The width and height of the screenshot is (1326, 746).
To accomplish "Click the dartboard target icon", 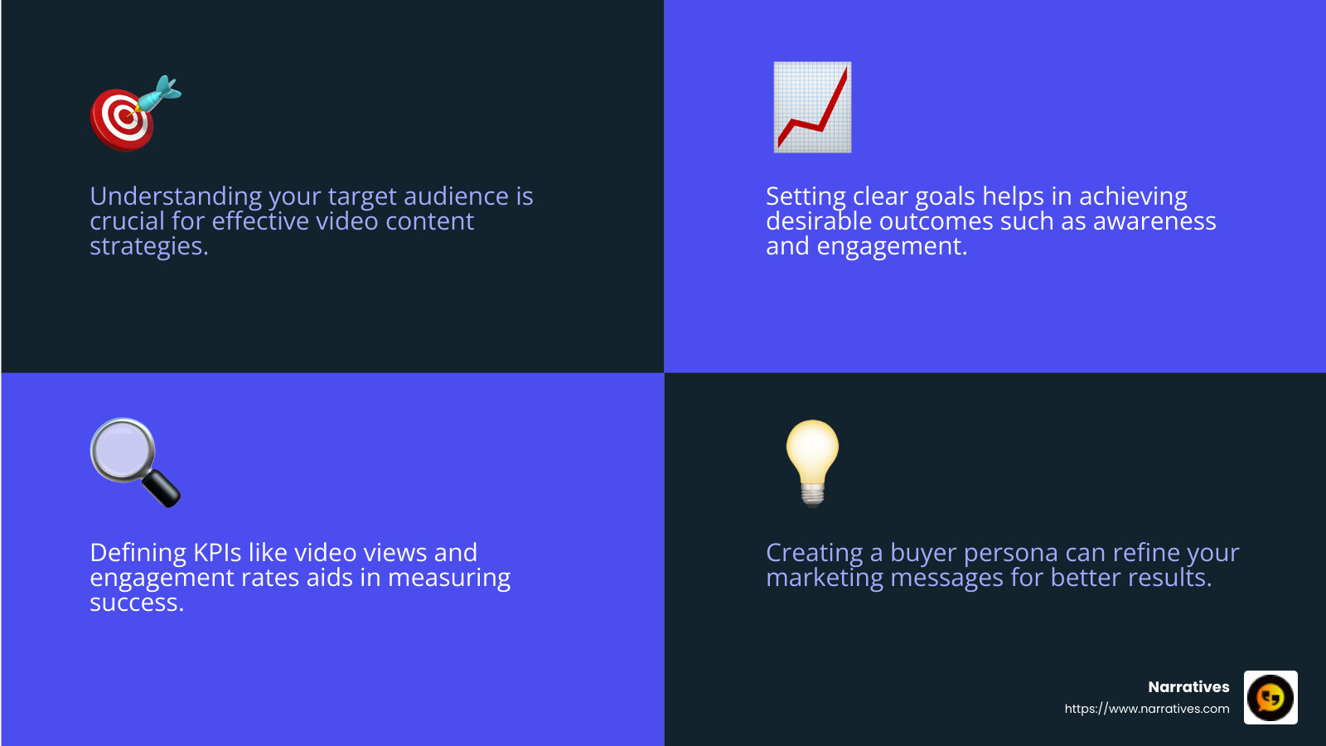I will point(123,119).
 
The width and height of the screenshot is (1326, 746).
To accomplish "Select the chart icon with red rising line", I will point(812,108).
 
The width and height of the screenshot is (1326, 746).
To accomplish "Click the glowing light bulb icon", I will point(812,461).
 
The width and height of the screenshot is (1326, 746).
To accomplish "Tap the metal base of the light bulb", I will point(813,495).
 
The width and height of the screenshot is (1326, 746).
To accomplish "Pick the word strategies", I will point(148,246).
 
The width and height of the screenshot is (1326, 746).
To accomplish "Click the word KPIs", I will point(217,553).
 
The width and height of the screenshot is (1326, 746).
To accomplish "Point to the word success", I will point(135,603).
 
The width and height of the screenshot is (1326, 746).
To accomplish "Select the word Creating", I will point(814,553).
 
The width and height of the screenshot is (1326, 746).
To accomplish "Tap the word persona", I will point(1010,553).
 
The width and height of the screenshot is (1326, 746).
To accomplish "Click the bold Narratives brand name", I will point(1188,687).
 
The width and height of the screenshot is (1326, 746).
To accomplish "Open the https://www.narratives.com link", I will point(1147,709).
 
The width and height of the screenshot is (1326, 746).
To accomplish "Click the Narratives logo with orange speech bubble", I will point(1270,698).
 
